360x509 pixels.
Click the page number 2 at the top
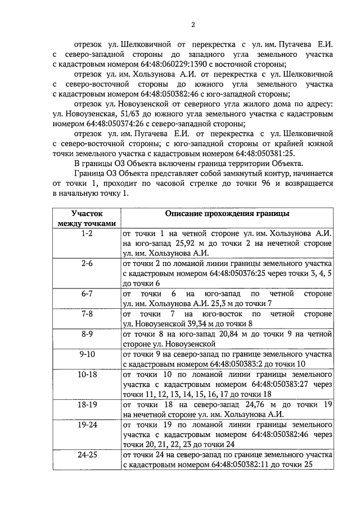[192, 24]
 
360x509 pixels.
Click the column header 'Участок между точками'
[87, 219]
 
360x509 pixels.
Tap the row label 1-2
[87, 233]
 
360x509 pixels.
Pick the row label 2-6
[87, 263]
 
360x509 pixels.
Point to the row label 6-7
[87, 294]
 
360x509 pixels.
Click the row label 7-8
[87, 314]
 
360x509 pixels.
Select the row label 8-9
[87, 334]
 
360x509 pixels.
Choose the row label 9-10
[87, 354]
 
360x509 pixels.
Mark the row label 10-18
[87, 375]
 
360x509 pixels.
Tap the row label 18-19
[87, 405]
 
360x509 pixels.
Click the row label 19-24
[87, 425]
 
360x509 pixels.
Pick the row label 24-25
[87, 456]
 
